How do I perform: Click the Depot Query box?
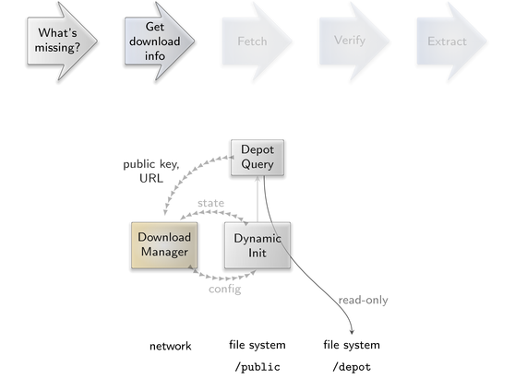pyautogui.click(x=257, y=158)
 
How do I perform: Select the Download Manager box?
pyautogui.click(x=164, y=245)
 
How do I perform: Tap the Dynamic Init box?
pyautogui.click(x=257, y=245)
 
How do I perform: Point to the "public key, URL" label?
pyautogui.click(x=151, y=171)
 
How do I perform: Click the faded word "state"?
pyautogui.click(x=210, y=203)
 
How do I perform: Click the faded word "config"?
pyautogui.click(x=224, y=289)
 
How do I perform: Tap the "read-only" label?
pyautogui.click(x=363, y=300)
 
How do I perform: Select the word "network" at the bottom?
pyautogui.click(x=170, y=346)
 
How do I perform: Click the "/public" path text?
pyautogui.click(x=257, y=367)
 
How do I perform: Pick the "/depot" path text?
pyautogui.click(x=352, y=367)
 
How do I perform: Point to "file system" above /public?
pyautogui.click(x=257, y=345)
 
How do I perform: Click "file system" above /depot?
pyautogui.click(x=352, y=345)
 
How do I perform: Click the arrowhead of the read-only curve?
pyautogui.click(x=352, y=332)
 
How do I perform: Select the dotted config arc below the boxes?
pyautogui.click(x=223, y=278)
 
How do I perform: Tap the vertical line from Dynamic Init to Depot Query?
pyautogui.click(x=257, y=199)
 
